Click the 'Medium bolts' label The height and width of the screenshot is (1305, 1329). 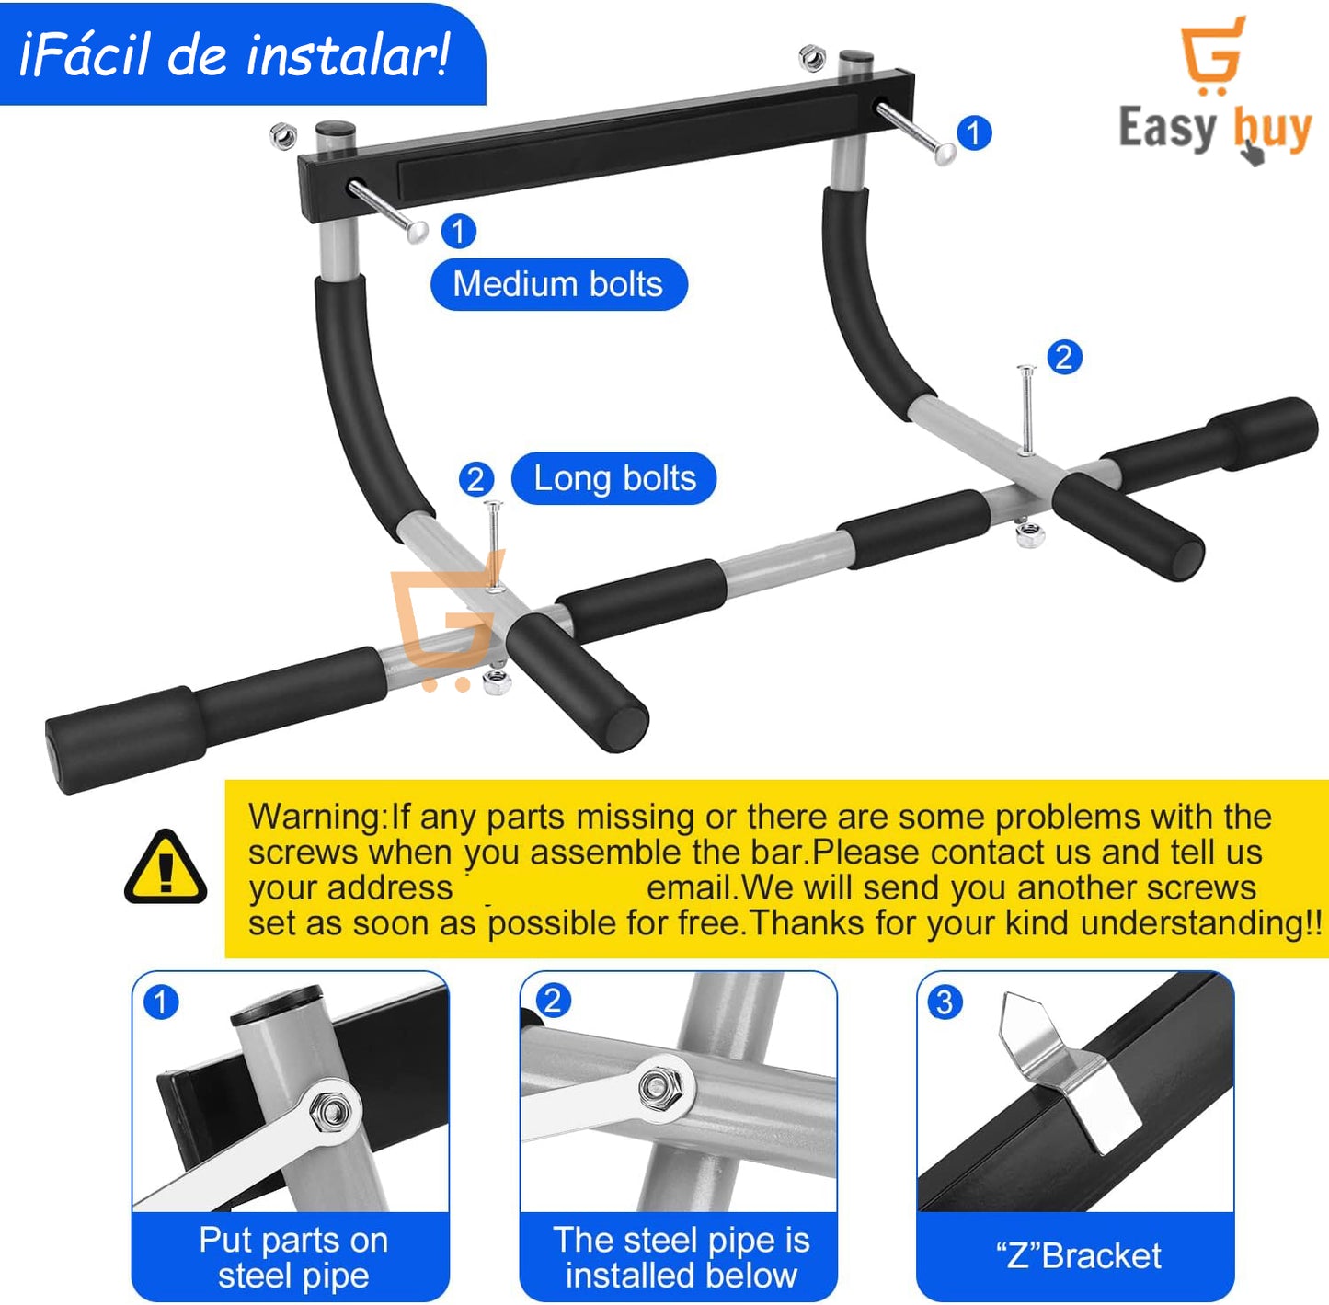point(558,284)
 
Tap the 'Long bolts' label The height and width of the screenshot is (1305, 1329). point(613,478)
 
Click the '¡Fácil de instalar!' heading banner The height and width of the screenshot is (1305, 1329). point(235,55)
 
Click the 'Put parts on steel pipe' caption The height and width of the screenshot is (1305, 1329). point(293,1256)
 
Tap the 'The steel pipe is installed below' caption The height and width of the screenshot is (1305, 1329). point(681,1256)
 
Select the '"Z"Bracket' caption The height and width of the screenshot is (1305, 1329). point(1079,1255)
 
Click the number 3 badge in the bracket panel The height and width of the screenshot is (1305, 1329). point(945,1002)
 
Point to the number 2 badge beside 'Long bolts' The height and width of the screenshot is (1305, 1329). point(475,479)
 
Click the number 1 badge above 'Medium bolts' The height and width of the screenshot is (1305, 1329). point(458,230)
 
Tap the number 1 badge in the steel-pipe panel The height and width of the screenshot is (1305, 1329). point(161,1002)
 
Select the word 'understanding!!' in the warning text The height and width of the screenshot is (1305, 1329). point(1201,923)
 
